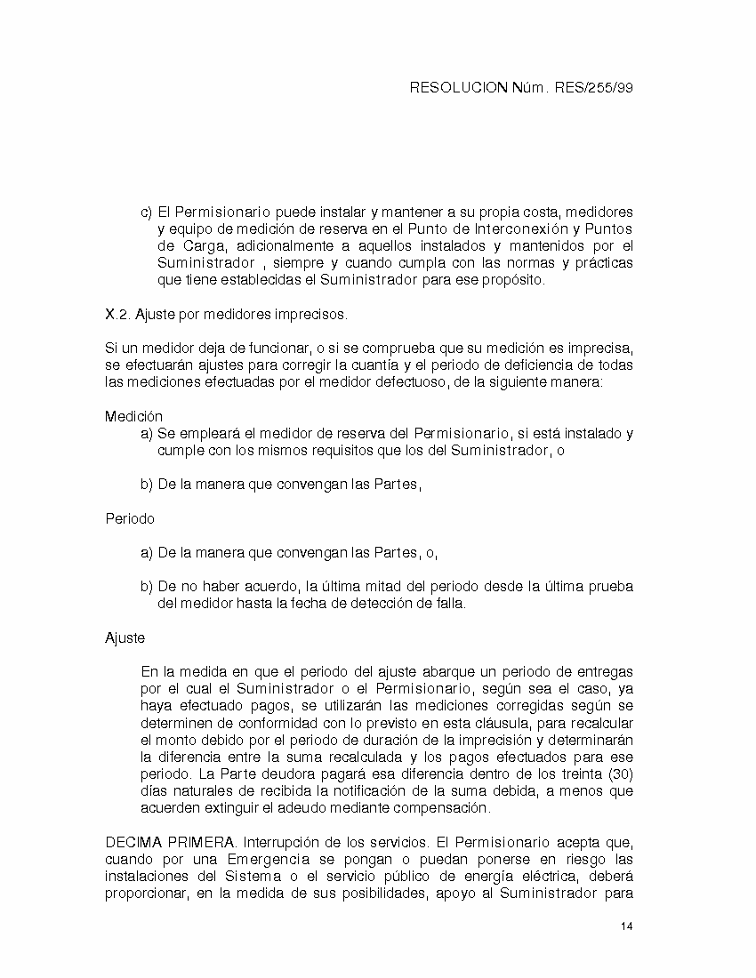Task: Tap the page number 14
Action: (x=626, y=927)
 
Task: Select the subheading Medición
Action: (x=133, y=416)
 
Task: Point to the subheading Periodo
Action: (x=130, y=518)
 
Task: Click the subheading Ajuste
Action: (x=125, y=637)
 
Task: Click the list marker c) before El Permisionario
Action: (x=147, y=212)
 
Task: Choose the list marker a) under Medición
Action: (x=147, y=433)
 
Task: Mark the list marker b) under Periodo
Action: (x=147, y=587)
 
